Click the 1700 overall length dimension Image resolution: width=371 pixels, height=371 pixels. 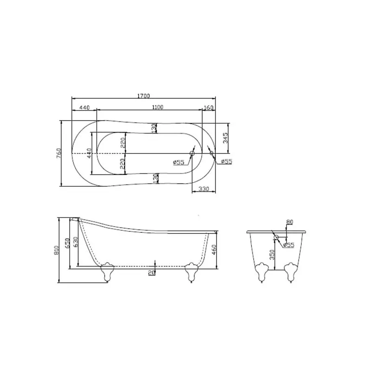[144, 96]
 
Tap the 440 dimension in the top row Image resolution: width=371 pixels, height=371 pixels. [84, 108]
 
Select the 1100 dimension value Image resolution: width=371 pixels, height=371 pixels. [158, 107]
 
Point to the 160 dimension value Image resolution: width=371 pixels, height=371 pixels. [208, 108]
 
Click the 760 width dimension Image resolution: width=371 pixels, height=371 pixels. [59, 153]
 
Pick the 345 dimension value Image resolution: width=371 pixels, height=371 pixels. [225, 138]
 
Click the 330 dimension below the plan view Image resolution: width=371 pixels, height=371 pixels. [204, 189]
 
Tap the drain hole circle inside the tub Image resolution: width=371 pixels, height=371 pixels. [192, 154]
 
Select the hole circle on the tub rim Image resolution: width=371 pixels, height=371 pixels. [211, 153]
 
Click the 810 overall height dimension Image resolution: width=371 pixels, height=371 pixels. [56, 250]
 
